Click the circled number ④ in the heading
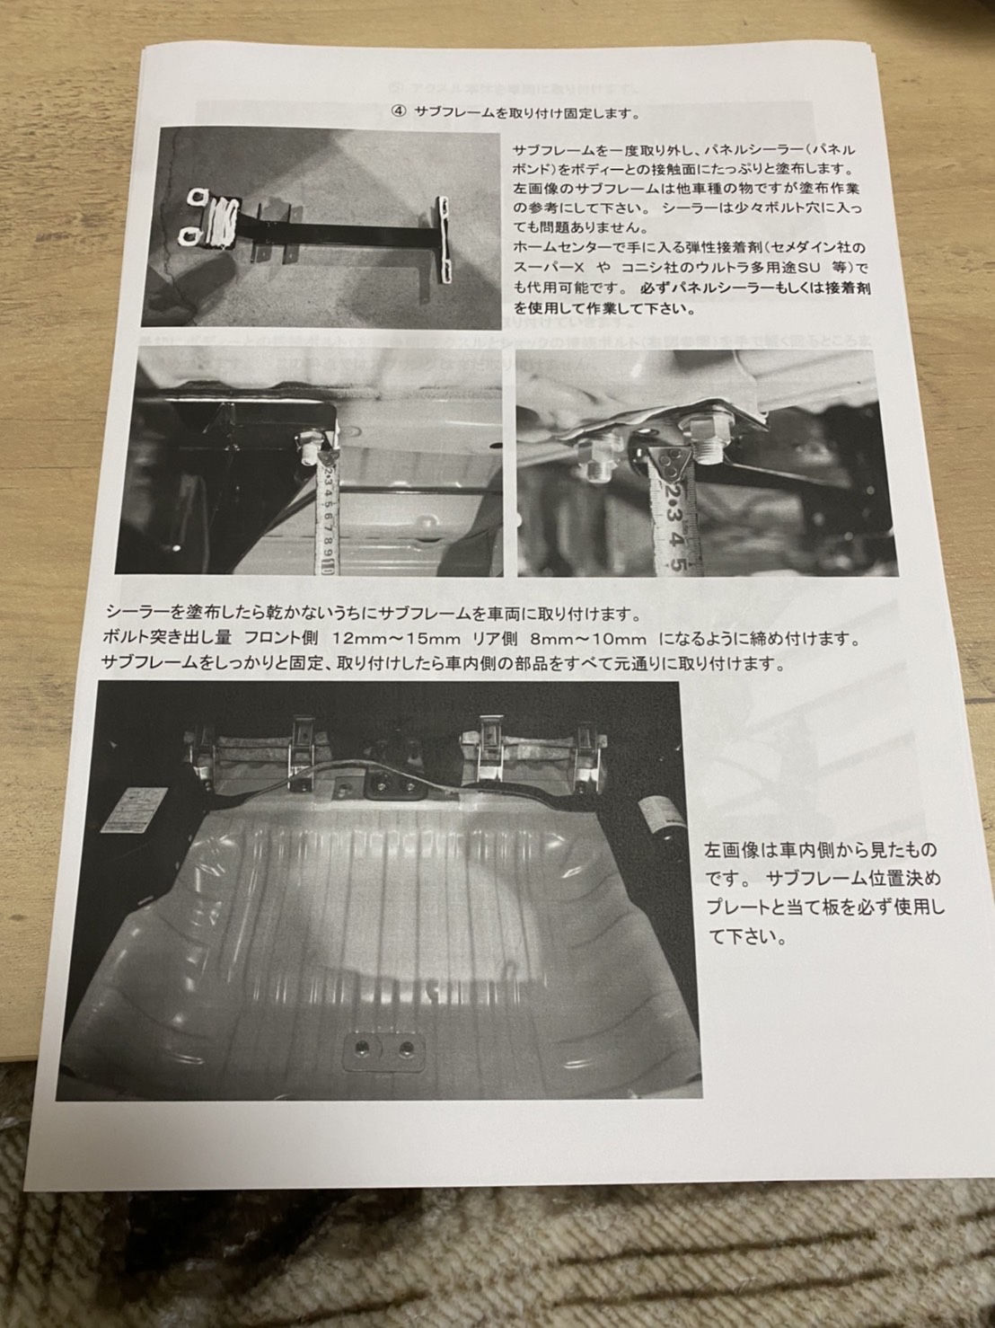click(x=399, y=113)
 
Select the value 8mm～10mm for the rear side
click(x=588, y=639)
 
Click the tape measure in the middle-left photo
click(x=325, y=512)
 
